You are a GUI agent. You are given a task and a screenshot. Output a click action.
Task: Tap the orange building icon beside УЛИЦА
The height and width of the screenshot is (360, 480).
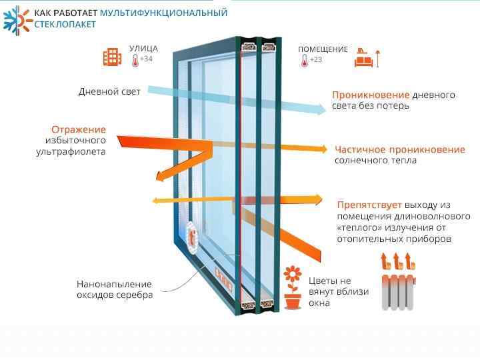(112, 57)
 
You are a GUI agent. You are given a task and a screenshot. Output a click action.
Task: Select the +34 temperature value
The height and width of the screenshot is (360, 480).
(146, 59)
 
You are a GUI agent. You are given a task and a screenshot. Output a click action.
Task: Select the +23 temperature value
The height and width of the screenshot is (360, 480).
(316, 60)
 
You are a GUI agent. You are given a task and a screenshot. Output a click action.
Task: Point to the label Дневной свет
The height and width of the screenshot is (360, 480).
(109, 91)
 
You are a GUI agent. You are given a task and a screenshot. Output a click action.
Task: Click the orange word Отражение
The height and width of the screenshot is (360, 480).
(78, 129)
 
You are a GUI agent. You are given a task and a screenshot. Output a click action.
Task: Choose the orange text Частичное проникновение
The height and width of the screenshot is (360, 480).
(400, 149)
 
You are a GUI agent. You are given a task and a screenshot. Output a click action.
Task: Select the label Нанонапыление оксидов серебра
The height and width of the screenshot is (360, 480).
(114, 289)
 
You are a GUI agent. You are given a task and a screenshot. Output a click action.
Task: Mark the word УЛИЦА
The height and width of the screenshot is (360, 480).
(144, 49)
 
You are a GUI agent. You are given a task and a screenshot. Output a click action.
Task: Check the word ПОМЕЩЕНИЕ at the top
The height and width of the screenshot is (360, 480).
(323, 49)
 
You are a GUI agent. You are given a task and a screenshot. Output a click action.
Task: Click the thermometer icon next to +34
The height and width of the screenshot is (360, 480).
(135, 61)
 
